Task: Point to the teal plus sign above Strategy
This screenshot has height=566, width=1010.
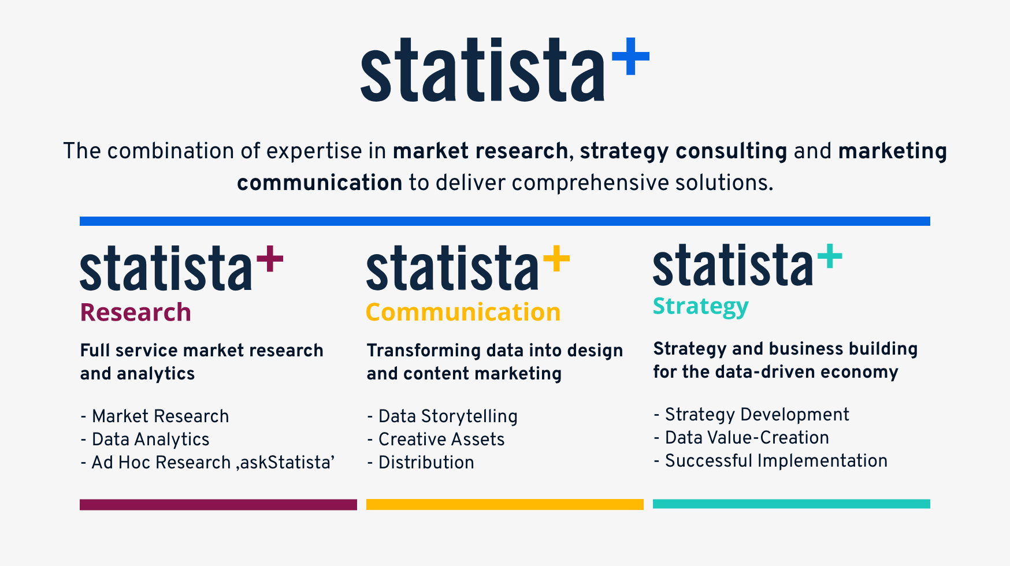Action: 829,256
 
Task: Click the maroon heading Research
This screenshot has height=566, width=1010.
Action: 135,312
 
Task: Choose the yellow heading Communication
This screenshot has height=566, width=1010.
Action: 463,312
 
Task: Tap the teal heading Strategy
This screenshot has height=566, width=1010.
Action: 700,306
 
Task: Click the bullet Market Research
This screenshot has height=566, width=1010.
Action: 160,416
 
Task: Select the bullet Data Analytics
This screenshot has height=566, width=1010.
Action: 150,440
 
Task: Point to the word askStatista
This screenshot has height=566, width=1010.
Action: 285,463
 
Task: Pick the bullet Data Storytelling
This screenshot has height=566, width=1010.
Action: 448,416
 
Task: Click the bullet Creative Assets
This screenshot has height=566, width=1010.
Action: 441,440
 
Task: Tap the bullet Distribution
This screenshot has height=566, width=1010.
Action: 426,463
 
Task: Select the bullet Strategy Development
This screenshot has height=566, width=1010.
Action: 757,415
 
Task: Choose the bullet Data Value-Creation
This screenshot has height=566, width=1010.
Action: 747,438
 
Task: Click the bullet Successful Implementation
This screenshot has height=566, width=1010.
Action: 776,461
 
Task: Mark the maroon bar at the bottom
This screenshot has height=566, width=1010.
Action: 218,505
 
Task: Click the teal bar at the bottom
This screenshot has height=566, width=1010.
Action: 791,504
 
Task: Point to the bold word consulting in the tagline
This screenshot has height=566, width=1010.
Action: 731,151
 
